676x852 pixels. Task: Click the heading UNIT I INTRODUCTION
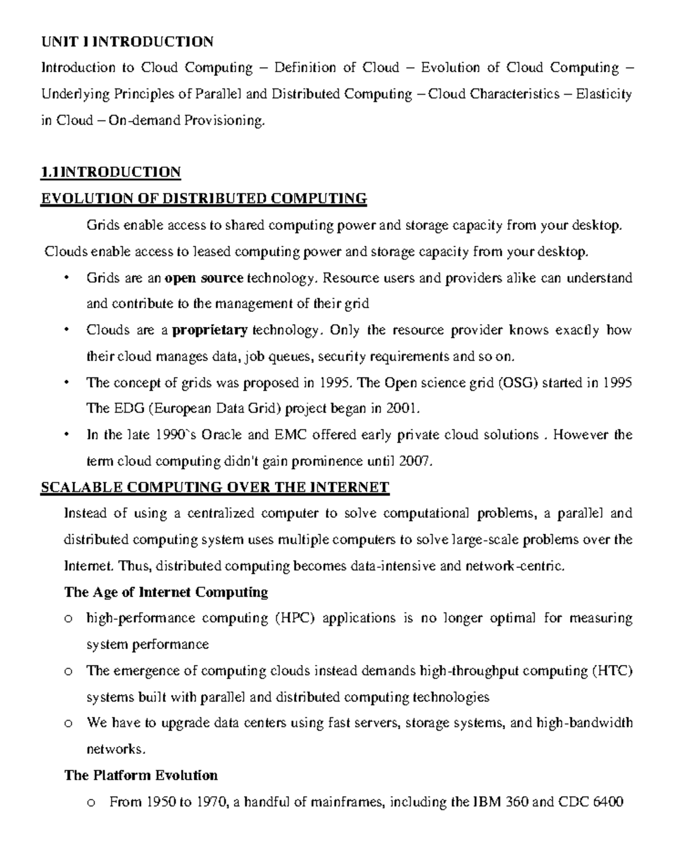coord(127,42)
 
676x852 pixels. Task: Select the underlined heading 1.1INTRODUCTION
coord(110,172)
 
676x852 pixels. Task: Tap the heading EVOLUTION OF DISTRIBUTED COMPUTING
coord(203,198)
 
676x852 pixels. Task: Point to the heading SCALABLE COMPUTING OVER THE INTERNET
coord(215,487)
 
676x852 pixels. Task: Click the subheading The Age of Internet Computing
coord(166,592)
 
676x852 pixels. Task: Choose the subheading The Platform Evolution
coord(141,775)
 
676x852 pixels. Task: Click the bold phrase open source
coord(204,278)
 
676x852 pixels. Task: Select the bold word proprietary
coord(210,330)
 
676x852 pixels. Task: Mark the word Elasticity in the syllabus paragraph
coord(603,94)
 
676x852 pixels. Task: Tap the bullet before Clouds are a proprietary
coord(67,330)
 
